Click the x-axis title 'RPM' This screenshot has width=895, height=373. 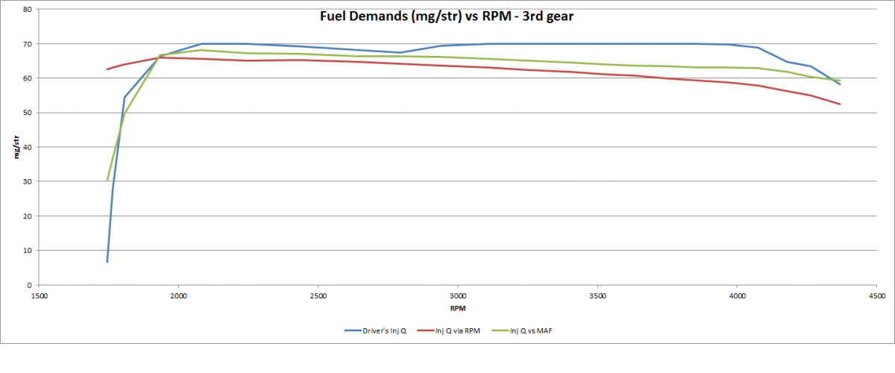pos(458,307)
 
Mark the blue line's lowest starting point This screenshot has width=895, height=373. pos(107,262)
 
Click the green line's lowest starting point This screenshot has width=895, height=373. pos(107,181)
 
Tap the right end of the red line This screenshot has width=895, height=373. pos(840,104)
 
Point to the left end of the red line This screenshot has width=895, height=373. pos(107,69)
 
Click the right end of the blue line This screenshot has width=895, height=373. pos(840,84)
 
